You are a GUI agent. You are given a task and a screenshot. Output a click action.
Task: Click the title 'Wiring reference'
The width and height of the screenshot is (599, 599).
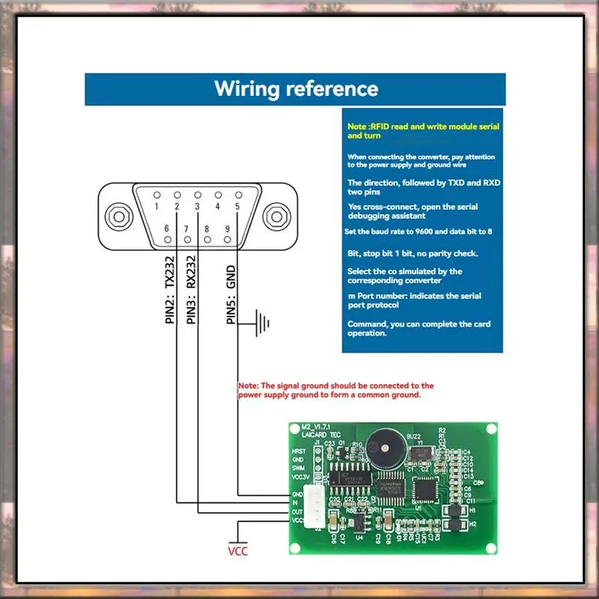pyautogui.click(x=297, y=88)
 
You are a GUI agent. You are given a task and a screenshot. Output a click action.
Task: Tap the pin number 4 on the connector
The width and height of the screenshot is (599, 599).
pyautogui.click(x=218, y=205)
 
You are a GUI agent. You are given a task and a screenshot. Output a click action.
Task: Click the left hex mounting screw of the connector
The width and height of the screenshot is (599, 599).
pyautogui.click(x=116, y=216)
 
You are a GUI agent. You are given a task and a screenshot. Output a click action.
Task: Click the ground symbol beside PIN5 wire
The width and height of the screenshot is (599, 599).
pyautogui.click(x=262, y=323)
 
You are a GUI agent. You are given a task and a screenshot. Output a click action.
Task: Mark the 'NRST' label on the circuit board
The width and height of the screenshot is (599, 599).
pyautogui.click(x=299, y=451)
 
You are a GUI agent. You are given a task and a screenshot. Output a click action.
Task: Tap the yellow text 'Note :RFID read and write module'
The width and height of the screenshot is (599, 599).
pyautogui.click(x=423, y=127)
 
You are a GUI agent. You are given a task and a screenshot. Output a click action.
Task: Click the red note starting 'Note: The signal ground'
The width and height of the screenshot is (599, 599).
pyautogui.click(x=335, y=389)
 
